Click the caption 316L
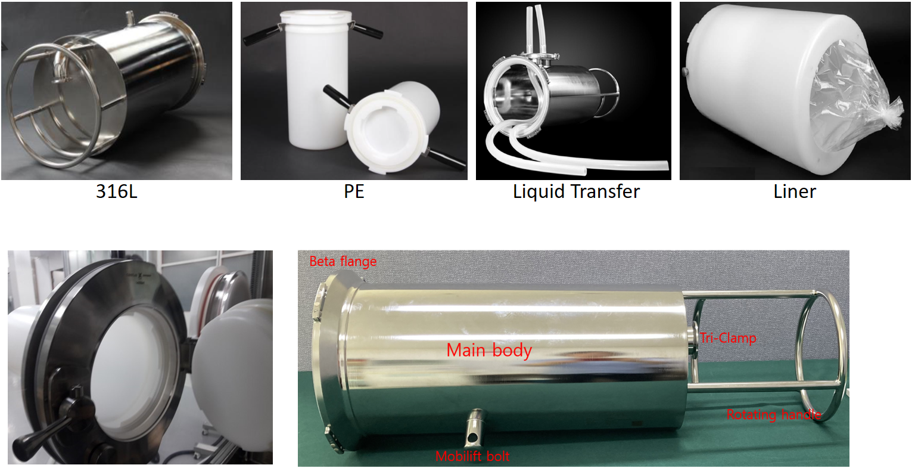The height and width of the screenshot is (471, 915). click(x=117, y=191)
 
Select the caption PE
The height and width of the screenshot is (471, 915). click(x=354, y=191)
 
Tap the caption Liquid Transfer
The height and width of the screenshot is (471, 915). click(x=576, y=192)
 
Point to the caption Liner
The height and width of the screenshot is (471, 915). click(x=795, y=191)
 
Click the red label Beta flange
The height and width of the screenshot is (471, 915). click(x=343, y=261)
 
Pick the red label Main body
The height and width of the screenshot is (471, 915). click(x=489, y=351)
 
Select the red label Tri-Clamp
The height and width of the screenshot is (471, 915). click(x=729, y=338)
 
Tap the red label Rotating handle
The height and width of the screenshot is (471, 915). click(x=774, y=414)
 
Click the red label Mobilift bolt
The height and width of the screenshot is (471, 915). click(x=472, y=456)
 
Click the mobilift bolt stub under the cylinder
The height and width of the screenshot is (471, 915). click(x=474, y=427)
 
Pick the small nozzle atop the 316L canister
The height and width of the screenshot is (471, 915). click(x=129, y=19)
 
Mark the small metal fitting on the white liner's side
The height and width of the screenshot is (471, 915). click(x=685, y=72)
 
